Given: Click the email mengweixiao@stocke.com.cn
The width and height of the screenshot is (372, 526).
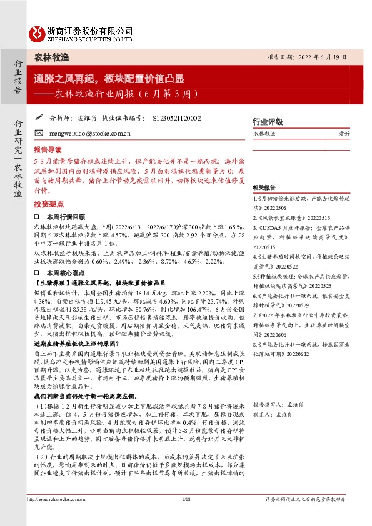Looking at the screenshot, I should (x=87, y=134).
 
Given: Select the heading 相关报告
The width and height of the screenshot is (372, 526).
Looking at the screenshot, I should (x=264, y=188).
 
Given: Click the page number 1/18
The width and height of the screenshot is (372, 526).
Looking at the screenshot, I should (x=185, y=516).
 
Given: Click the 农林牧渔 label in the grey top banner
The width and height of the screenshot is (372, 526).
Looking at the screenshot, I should (x=51, y=57).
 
